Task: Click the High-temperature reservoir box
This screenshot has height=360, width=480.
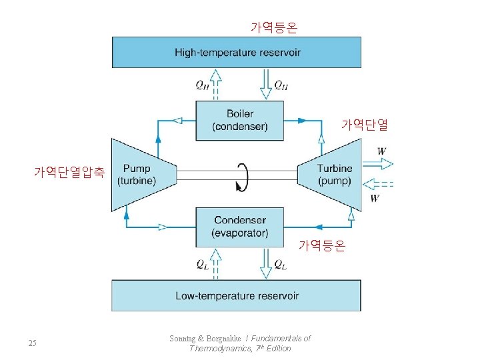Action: (237, 52)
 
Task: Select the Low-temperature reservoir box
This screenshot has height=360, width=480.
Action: (237, 295)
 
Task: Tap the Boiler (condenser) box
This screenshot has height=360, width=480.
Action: (239, 120)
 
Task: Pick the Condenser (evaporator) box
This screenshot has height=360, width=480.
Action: (239, 227)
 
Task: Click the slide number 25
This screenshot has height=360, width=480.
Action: (33, 343)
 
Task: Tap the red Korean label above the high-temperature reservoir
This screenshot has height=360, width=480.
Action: (274, 27)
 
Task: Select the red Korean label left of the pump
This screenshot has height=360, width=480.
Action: (69, 172)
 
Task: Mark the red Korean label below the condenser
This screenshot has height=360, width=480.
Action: (322, 246)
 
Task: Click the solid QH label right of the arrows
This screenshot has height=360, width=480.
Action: (281, 85)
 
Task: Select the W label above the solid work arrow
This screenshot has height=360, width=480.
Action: (381, 151)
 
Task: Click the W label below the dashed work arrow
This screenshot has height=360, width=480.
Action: (375, 198)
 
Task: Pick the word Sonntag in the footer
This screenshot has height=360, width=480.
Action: (184, 339)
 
